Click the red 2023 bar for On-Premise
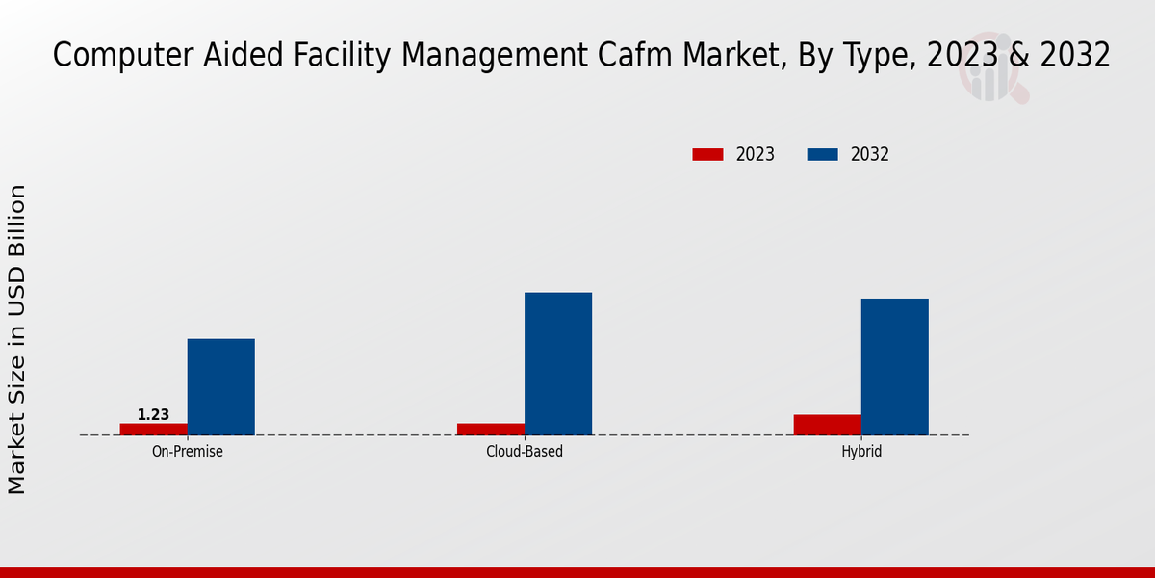point(154,429)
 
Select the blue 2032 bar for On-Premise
point(221,386)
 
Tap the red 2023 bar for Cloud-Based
point(491,429)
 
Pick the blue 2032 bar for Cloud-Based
point(558,363)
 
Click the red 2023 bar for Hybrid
point(828,425)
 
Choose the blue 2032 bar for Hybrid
point(895,366)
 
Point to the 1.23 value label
point(153,415)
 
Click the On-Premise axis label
point(188,451)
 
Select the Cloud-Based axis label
point(525,451)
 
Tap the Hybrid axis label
point(861,451)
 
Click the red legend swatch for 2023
point(707,154)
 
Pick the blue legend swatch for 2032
point(822,154)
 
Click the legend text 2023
point(756,154)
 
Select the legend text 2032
point(870,154)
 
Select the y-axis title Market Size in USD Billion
point(17,339)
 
